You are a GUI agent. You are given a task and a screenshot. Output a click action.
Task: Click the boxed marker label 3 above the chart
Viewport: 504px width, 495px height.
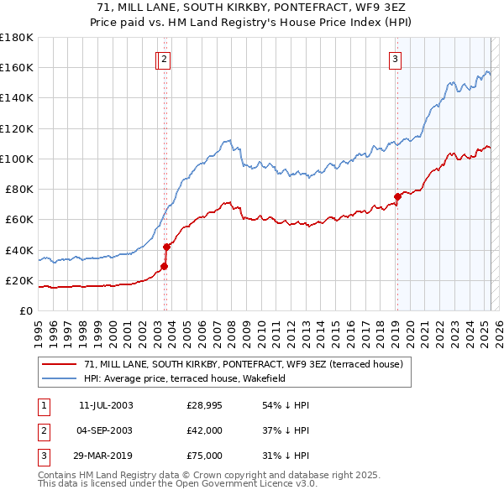(395, 59)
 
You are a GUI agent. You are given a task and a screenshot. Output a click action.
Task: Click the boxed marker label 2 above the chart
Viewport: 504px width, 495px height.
(165, 59)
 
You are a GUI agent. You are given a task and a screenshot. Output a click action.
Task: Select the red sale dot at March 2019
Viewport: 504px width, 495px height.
(397, 196)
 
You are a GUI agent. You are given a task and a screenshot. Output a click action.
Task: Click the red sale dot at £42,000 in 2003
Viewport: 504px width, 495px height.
(166, 247)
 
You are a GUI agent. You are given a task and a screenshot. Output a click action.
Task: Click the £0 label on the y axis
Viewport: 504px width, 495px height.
(26, 311)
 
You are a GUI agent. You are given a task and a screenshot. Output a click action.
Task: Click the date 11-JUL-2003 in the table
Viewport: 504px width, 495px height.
(106, 405)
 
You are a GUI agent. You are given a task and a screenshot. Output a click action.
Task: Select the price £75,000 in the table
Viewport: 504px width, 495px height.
(204, 457)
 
